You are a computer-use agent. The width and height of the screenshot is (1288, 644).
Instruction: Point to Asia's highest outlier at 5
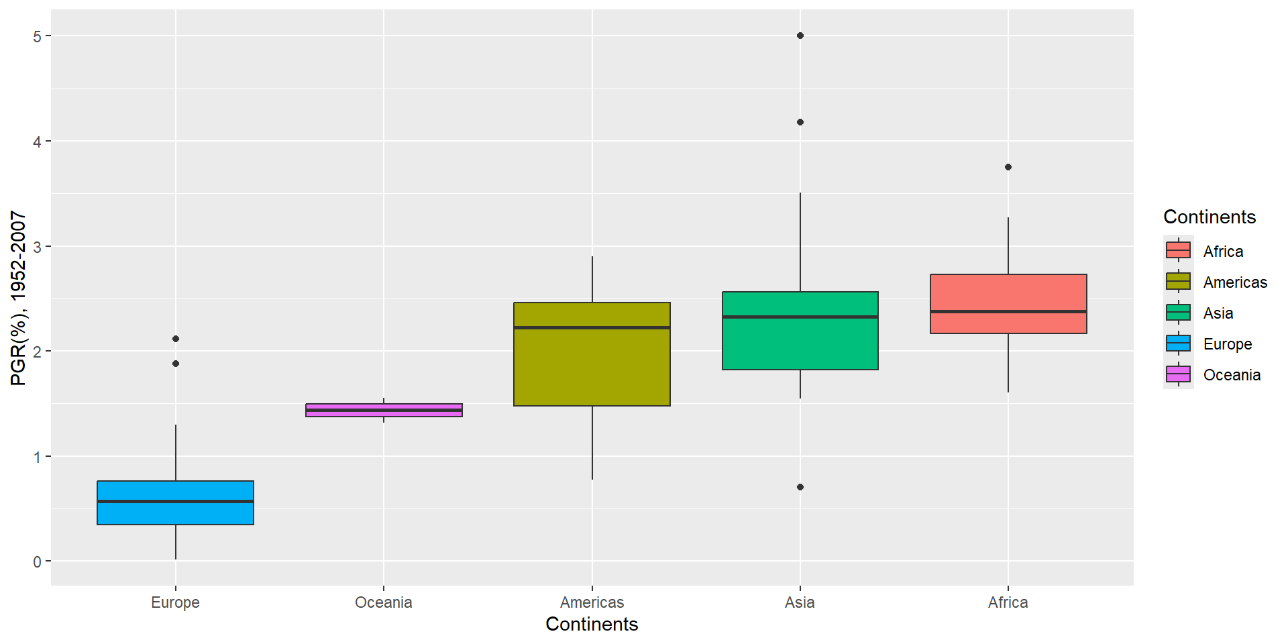tap(800, 36)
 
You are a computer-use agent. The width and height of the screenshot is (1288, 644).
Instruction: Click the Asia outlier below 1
tap(800, 487)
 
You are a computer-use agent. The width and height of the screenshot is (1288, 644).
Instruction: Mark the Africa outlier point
tap(1008, 167)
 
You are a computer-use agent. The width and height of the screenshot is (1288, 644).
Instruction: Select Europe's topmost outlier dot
tap(176, 339)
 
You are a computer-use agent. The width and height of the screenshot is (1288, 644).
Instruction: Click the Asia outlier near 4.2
tap(800, 122)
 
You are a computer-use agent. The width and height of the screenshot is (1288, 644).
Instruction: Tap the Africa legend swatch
tap(1178, 250)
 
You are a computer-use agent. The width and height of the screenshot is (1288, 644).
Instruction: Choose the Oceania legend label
tap(1232, 375)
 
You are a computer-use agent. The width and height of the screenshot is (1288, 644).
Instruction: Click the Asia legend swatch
tap(1178, 313)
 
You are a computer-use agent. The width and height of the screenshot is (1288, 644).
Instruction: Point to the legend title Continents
tap(1209, 217)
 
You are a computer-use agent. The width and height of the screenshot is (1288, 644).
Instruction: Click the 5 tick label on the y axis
tap(38, 36)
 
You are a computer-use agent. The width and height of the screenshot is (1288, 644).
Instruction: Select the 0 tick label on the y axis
tap(38, 562)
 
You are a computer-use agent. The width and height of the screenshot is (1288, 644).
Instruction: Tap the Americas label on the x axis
tap(592, 602)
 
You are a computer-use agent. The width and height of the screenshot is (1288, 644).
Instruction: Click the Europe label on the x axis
tap(175, 602)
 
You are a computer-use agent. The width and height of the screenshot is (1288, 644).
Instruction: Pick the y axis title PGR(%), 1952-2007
tap(18, 298)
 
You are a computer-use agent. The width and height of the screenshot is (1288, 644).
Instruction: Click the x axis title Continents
tap(592, 624)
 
